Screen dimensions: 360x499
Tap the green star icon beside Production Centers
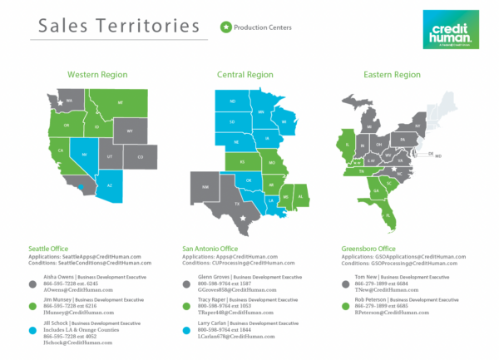tap(225, 27)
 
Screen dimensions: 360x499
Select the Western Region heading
tap(97, 75)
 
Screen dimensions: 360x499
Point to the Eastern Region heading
tap(392, 75)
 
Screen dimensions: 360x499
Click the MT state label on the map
tap(120, 102)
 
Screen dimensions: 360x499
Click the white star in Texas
tap(243, 218)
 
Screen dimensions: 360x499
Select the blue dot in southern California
tap(80, 188)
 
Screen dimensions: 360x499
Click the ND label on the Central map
tap(233, 102)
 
